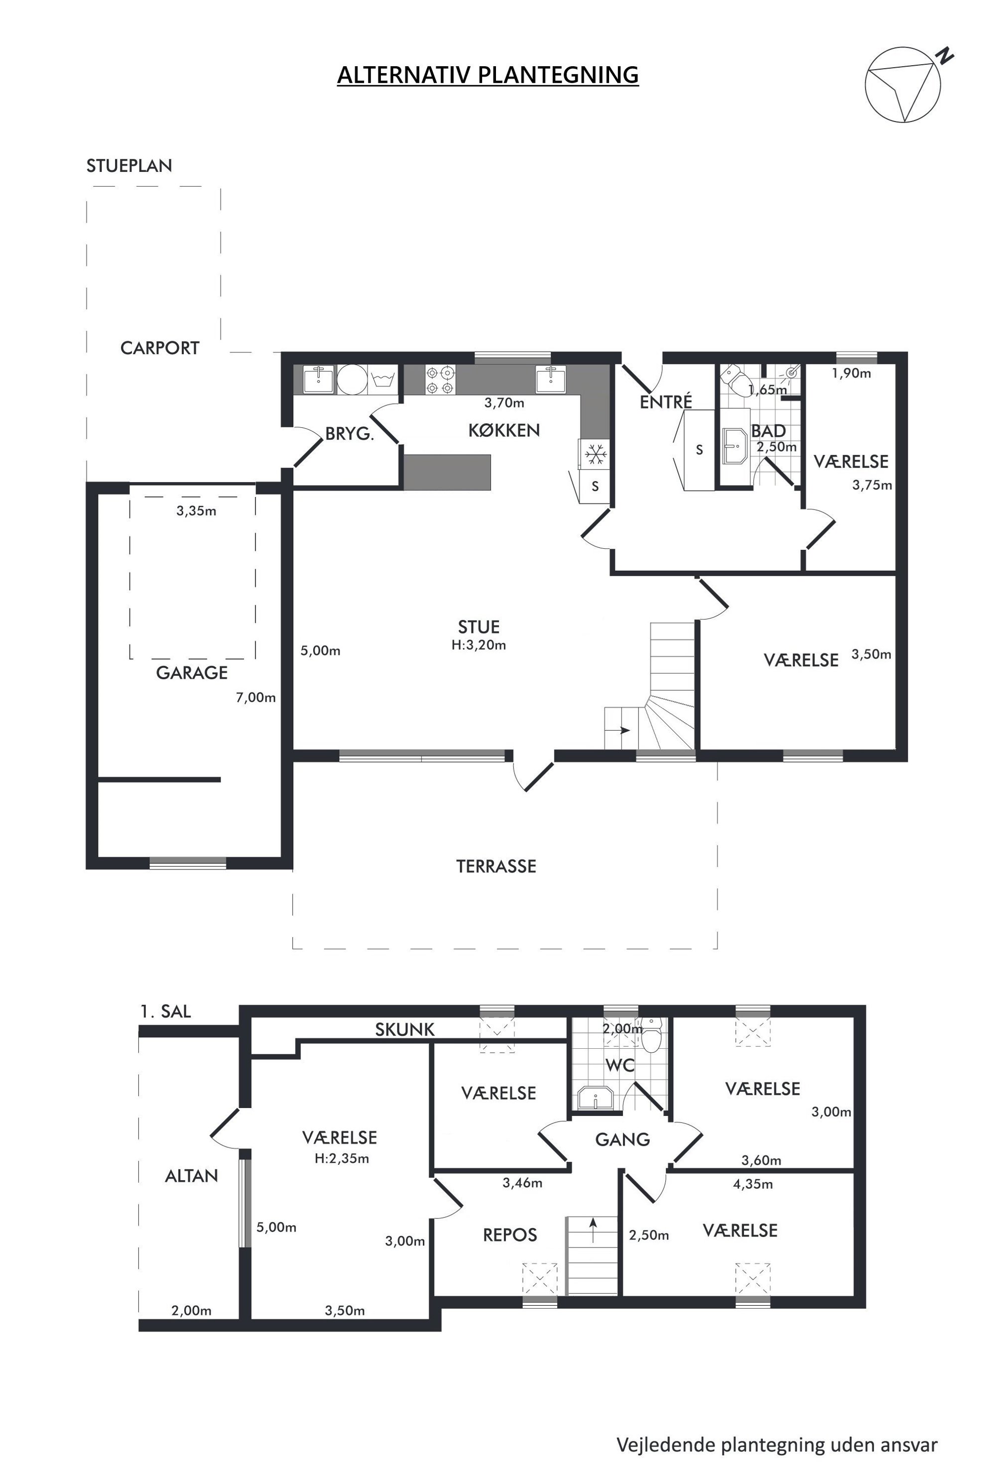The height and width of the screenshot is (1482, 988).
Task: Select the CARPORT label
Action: [x=159, y=348]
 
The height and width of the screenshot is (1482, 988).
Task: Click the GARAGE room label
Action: [x=192, y=673]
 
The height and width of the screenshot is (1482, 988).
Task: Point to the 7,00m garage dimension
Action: [x=256, y=698]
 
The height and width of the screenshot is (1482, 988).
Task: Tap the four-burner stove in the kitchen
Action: [x=440, y=380]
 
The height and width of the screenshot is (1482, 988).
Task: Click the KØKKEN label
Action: [x=503, y=430]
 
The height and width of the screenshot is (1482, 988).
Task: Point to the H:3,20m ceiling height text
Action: [x=479, y=645]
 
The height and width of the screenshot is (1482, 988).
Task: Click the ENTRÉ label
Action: [x=666, y=401]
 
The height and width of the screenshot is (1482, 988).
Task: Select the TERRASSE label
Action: [x=496, y=866]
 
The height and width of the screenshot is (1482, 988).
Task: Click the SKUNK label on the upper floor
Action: [x=405, y=1030]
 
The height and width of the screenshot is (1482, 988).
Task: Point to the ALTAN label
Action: [x=192, y=1176]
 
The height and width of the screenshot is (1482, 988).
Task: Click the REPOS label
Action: [x=510, y=1235]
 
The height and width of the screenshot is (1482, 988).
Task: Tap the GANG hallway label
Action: [x=622, y=1139]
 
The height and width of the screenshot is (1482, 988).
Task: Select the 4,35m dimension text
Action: [x=753, y=1184]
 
